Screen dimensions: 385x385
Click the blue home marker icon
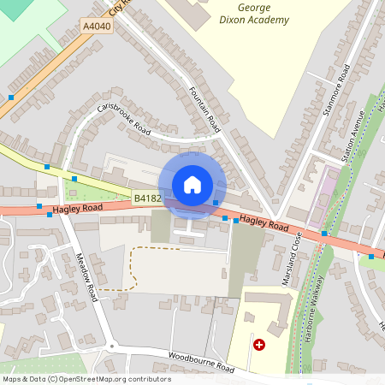click(192, 184)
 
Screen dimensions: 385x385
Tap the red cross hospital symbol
click(259, 344)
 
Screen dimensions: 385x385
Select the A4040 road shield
click(97, 27)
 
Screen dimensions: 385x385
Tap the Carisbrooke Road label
click(123, 119)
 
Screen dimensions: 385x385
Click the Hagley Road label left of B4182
click(77, 208)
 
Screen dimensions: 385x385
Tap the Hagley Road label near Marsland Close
click(264, 222)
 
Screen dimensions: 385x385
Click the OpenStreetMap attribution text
click(86, 379)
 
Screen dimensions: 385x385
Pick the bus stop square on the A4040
click(11, 98)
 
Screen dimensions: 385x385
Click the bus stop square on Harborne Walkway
click(324, 233)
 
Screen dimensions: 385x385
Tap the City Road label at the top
click(120, 7)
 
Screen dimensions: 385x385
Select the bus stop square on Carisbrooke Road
click(74, 178)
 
